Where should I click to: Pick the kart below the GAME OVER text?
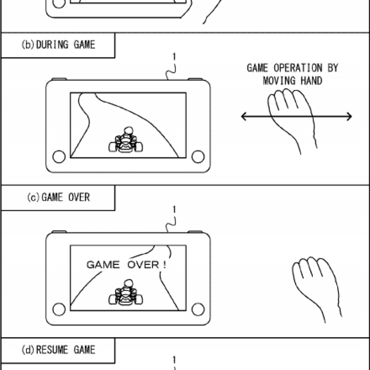point(126,293)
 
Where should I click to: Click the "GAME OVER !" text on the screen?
point(126,265)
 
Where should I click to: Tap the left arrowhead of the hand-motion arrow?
point(244,116)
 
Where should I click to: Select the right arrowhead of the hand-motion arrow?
point(349,116)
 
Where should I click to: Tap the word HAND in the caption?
point(311,81)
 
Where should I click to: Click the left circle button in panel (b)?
point(59,156)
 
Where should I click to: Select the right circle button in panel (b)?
point(198,156)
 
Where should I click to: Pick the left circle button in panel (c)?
point(59,309)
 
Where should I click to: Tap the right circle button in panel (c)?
point(198,309)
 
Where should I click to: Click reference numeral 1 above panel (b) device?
point(175,57)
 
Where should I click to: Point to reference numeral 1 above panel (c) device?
point(175,210)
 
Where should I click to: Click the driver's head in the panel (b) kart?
point(128,130)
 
